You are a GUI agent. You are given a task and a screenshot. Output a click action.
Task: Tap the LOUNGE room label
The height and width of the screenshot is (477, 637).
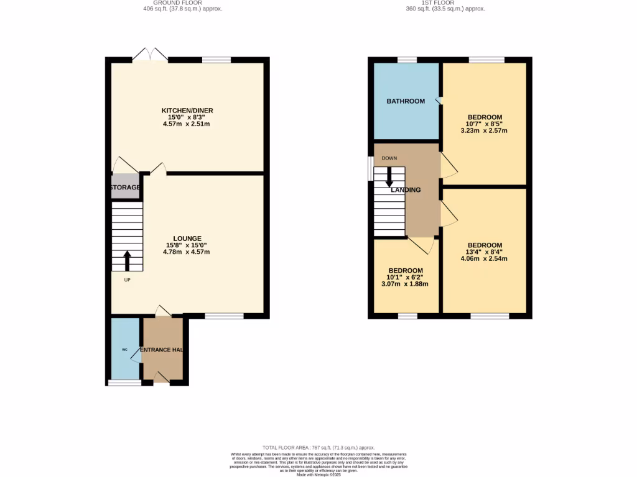point(187,238)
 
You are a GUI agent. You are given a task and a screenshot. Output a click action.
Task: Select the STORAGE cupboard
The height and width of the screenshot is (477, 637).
point(125,187)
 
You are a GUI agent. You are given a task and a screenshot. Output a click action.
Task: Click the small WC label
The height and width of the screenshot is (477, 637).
point(124,350)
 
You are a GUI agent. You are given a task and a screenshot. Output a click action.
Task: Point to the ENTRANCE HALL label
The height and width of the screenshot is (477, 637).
point(162,350)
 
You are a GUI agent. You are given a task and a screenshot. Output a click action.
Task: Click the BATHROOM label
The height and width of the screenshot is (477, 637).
point(406,101)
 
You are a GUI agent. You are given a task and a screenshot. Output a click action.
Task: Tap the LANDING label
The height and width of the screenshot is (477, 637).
point(406,190)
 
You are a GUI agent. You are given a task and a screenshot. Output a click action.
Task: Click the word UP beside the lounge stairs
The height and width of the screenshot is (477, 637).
point(127,280)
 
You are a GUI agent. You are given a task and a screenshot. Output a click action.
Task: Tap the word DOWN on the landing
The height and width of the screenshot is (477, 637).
point(389,158)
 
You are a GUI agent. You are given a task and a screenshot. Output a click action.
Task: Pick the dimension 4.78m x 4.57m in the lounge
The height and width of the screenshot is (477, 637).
point(187,252)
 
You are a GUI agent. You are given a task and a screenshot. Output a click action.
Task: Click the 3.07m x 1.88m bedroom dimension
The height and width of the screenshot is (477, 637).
point(405,284)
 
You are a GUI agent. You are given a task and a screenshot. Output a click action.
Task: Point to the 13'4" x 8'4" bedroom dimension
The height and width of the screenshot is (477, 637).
point(485,252)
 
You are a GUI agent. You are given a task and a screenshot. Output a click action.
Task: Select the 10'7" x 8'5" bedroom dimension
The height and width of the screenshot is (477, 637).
point(484,124)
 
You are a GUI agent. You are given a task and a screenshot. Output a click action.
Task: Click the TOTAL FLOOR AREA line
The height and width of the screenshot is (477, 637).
point(318,447)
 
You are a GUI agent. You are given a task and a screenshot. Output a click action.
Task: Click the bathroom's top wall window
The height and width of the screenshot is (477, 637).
point(407,60)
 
